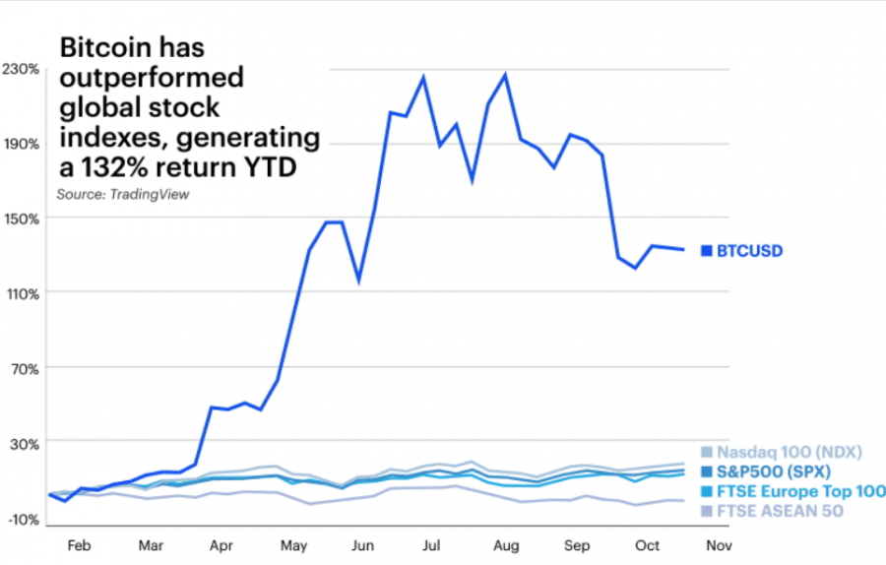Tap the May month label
294,544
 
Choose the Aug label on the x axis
506,544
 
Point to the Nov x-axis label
720,544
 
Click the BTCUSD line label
749,251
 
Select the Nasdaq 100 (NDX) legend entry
790,452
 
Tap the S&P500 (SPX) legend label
774,471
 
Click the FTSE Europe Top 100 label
800,491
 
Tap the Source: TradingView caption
122,195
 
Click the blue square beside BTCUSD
705,251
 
